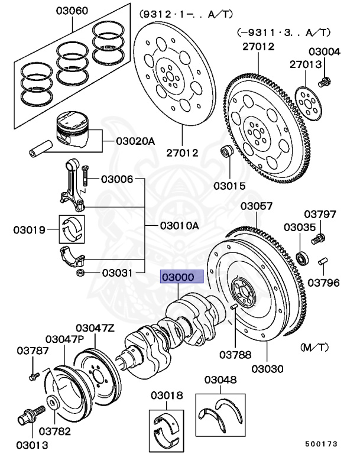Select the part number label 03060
(x=72, y=11)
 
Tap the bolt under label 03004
(x=323, y=81)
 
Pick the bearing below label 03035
(x=303, y=258)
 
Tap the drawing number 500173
(x=322, y=442)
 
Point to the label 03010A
(x=179, y=226)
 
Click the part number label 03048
(x=221, y=380)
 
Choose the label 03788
(x=235, y=355)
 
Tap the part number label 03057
(x=257, y=206)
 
